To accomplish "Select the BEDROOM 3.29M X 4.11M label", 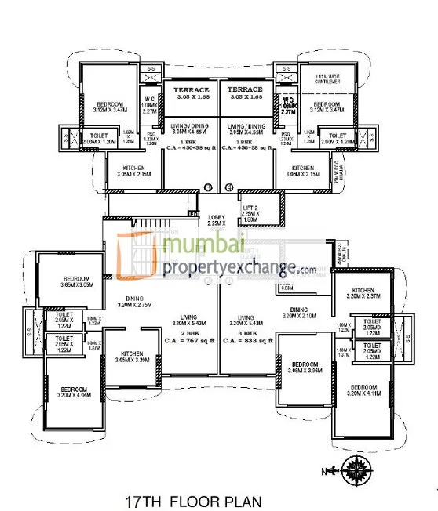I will tap(366, 392).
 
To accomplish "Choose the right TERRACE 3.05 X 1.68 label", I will tap(245, 93).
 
